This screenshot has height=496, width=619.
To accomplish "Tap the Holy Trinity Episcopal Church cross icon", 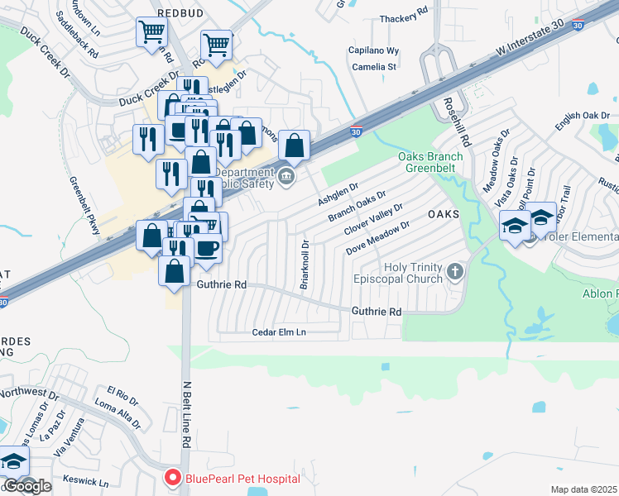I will click(x=454, y=271).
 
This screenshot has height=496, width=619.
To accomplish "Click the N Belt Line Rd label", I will click(x=186, y=414).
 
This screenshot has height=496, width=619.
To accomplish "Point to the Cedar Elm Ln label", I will click(x=279, y=332).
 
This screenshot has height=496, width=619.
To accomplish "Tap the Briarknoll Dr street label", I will click(x=305, y=264).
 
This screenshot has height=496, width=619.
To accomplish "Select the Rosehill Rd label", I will click(x=466, y=120).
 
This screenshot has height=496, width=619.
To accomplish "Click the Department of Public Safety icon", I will click(x=286, y=175).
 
